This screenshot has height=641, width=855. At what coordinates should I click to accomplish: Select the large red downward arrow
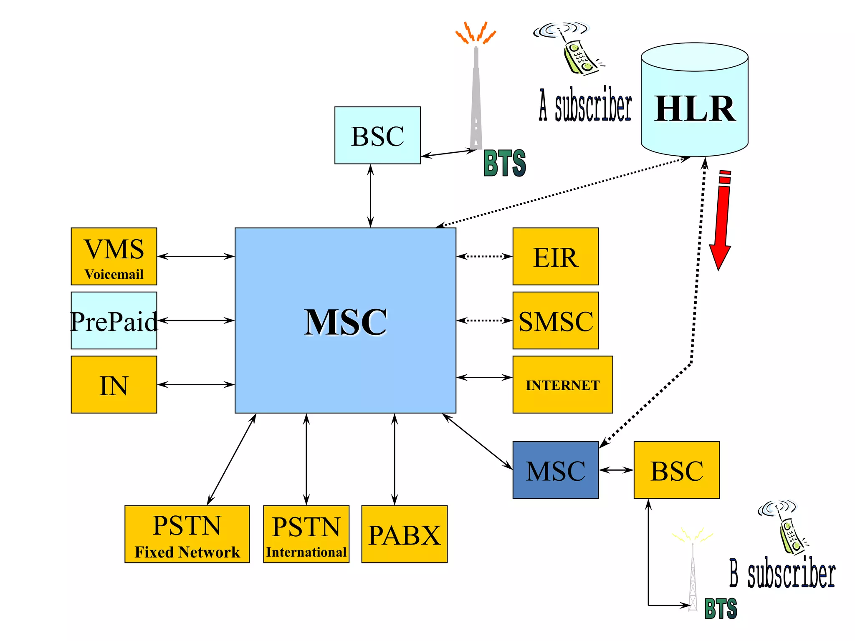click(x=721, y=221)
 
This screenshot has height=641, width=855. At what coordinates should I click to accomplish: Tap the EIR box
click(x=555, y=256)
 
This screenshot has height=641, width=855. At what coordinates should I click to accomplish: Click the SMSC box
click(x=555, y=320)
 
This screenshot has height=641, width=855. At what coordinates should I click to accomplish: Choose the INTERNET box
click(x=562, y=384)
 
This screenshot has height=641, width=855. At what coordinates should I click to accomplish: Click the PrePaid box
click(x=114, y=320)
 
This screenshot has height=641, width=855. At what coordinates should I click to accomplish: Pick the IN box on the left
click(x=114, y=384)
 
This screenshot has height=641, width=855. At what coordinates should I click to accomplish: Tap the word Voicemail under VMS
click(x=114, y=274)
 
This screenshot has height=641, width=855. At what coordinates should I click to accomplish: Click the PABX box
click(x=404, y=534)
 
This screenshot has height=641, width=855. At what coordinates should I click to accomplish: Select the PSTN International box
click(x=306, y=534)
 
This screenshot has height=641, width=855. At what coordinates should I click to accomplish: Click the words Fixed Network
click(x=187, y=552)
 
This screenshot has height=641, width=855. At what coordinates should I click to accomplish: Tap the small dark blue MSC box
click(x=555, y=470)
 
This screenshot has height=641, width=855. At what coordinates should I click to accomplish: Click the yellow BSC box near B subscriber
click(x=676, y=470)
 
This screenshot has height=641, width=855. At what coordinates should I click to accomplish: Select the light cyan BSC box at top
click(x=377, y=135)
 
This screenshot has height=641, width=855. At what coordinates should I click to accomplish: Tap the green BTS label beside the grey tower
click(x=504, y=163)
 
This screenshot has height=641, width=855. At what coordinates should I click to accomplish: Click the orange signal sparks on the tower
click(x=476, y=33)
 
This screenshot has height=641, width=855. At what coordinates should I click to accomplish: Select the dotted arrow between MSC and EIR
click(x=484, y=256)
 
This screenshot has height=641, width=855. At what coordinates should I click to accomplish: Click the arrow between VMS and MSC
click(x=195, y=256)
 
